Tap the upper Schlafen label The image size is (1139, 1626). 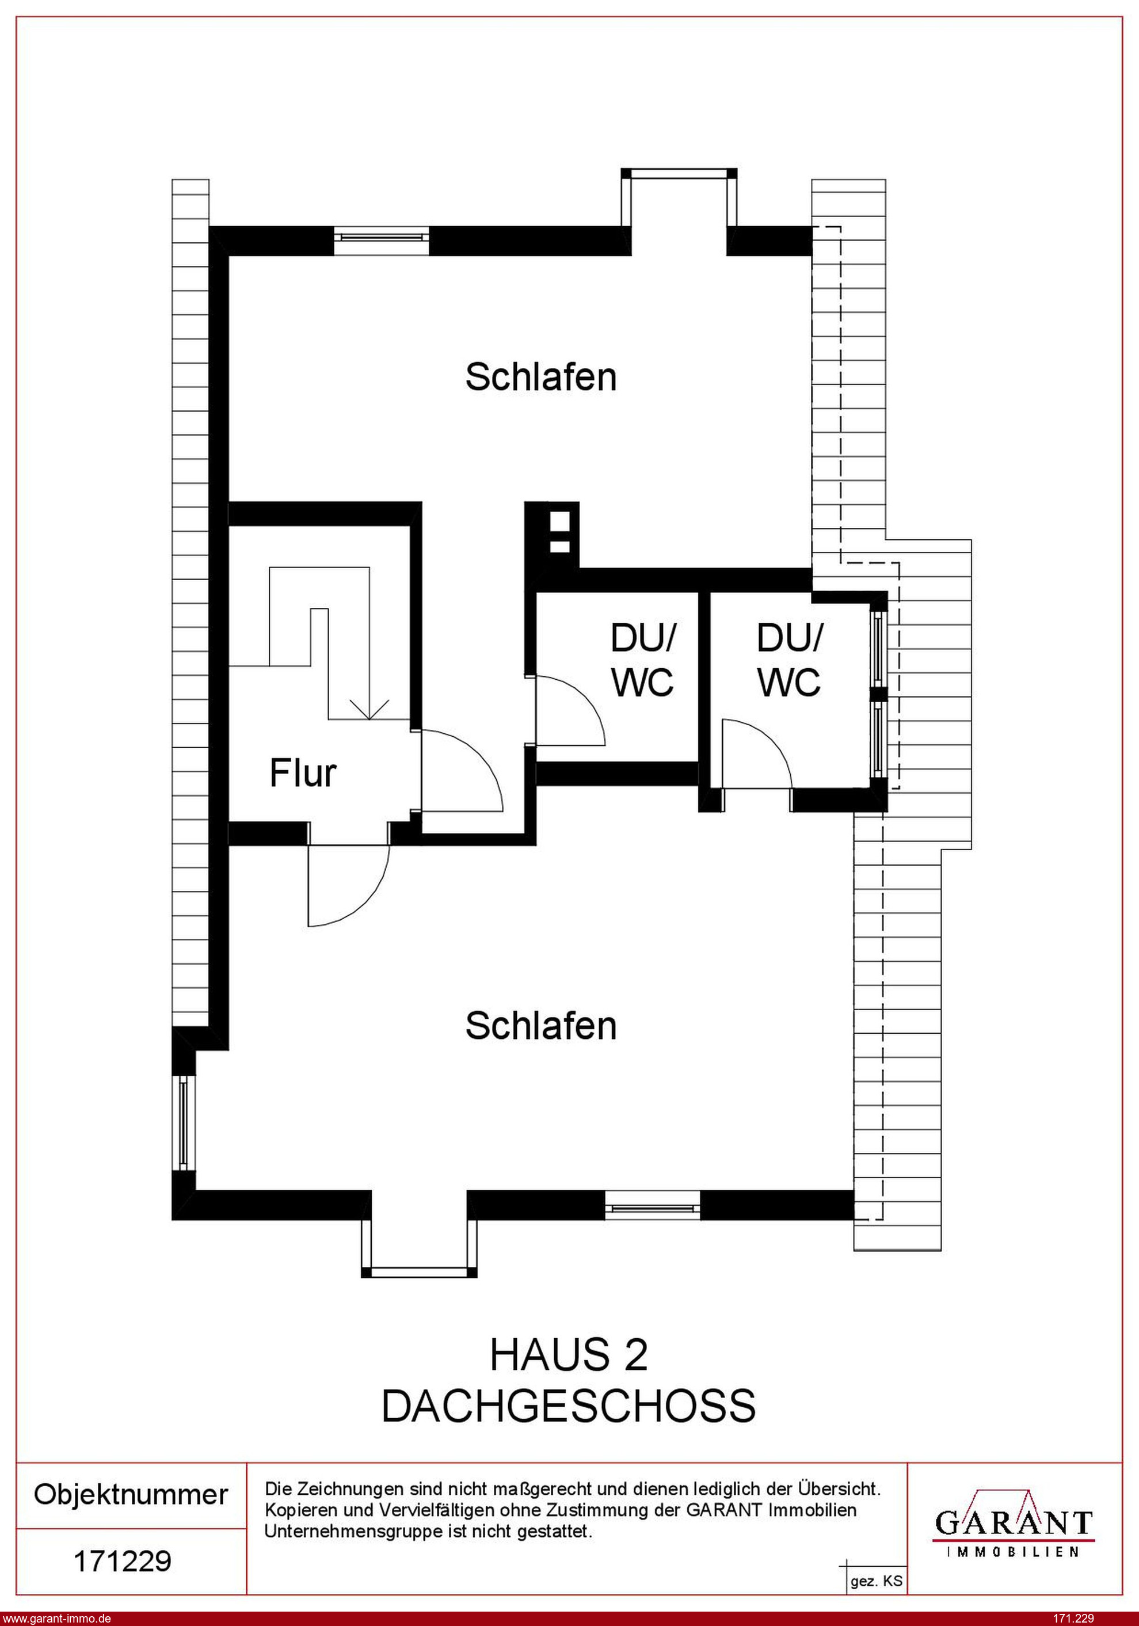(540, 377)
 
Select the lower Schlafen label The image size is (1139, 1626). (540, 1026)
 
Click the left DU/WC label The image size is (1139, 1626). (642, 661)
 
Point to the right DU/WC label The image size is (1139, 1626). (789, 661)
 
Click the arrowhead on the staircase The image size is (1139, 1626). (369, 709)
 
